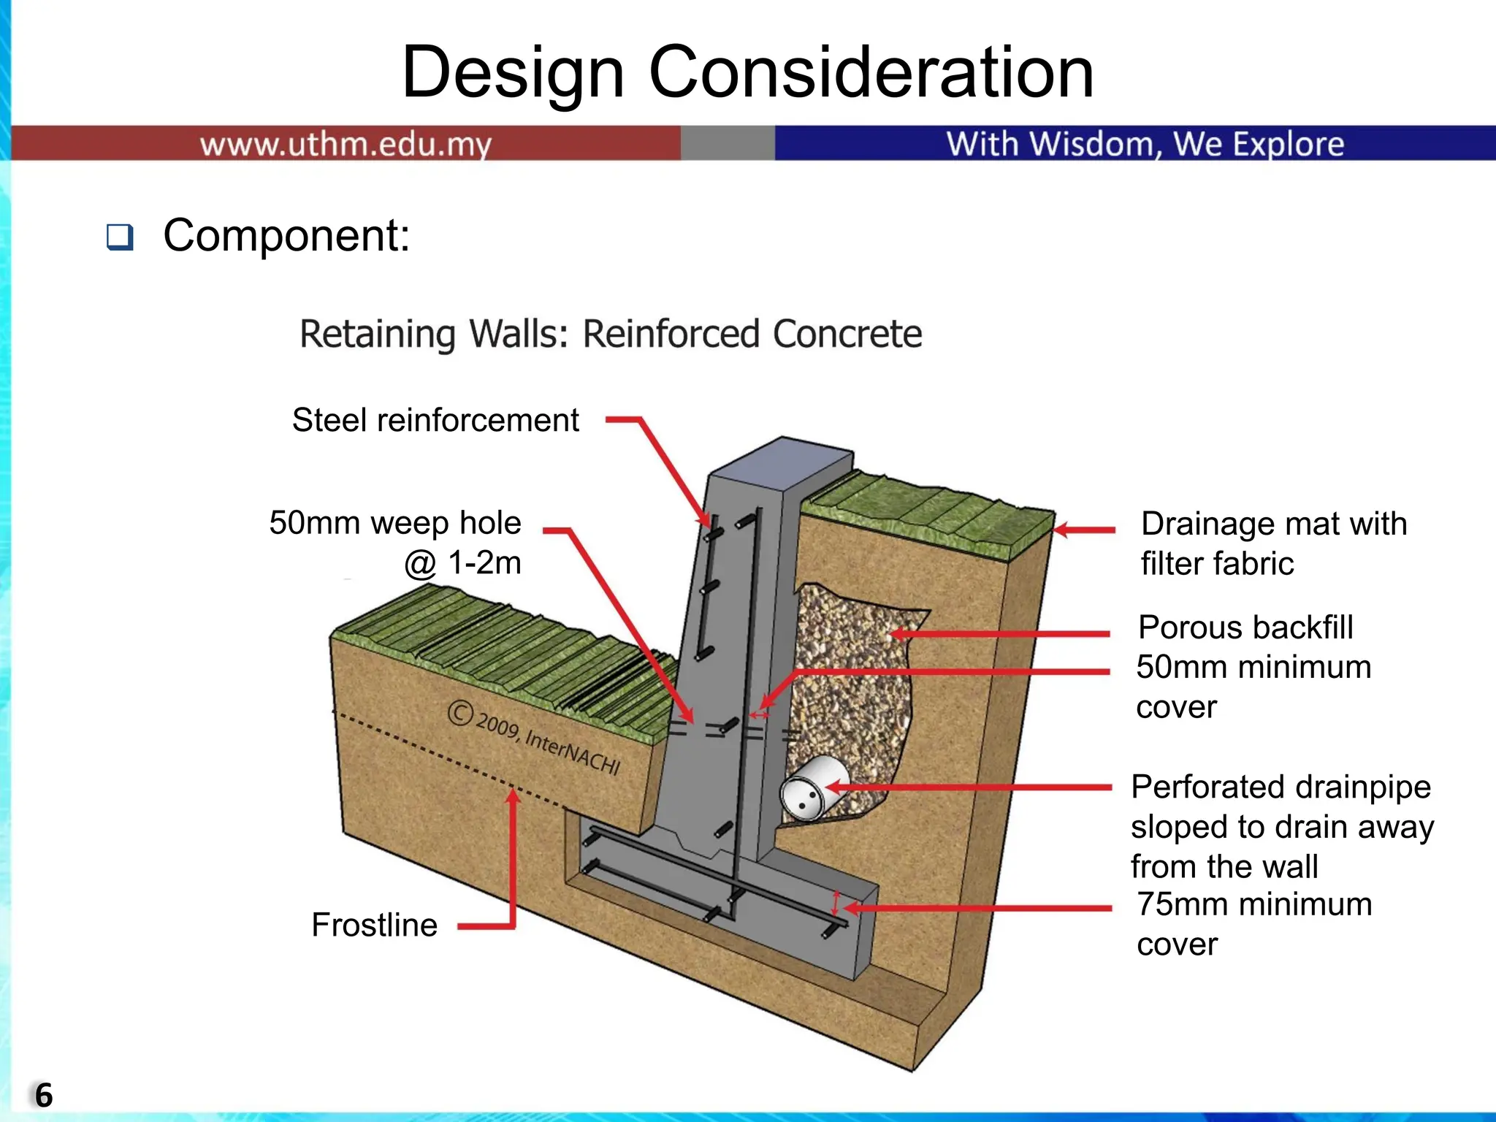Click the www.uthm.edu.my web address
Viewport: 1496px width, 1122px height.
346,144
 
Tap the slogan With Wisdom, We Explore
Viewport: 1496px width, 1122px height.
1145,144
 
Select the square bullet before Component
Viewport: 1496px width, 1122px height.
120,237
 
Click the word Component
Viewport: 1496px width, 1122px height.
286,236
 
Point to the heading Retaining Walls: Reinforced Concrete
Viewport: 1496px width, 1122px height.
611,335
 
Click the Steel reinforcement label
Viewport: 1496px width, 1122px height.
435,421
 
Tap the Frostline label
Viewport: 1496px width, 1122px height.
374,925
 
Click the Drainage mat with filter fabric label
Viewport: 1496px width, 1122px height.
1273,543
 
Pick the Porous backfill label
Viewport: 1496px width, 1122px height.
1245,627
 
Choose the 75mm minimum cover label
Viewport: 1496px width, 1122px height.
1253,924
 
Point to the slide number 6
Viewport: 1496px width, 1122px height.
44,1095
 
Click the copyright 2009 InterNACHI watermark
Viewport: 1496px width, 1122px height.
535,737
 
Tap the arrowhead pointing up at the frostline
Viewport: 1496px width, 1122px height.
514,797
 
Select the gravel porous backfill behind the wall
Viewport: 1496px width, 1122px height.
855,679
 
